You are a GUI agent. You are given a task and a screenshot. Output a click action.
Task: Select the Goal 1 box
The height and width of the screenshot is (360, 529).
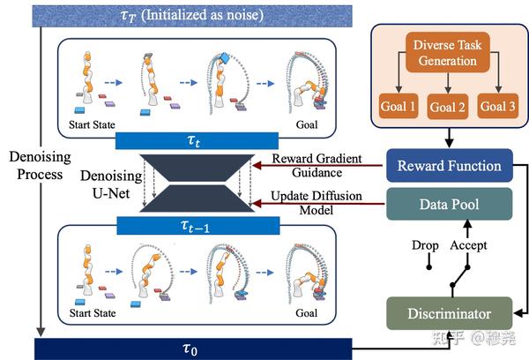[399, 108]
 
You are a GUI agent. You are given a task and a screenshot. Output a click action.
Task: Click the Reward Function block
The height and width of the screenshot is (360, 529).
[450, 165]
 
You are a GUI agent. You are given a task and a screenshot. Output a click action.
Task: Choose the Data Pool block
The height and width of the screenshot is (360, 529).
[450, 206]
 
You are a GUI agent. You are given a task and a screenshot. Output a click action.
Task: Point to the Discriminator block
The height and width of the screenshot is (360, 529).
[450, 312]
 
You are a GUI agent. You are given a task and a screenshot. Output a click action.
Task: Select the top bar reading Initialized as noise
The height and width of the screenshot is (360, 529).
[176, 15]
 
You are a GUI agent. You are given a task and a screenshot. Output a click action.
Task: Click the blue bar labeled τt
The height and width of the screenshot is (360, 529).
[191, 140]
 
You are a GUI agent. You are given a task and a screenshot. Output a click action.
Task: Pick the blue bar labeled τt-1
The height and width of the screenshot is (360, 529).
[191, 227]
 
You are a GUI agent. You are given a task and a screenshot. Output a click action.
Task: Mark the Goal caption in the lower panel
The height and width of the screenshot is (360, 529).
[306, 311]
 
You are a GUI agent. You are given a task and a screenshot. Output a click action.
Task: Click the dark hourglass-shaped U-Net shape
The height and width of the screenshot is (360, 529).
[191, 183]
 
